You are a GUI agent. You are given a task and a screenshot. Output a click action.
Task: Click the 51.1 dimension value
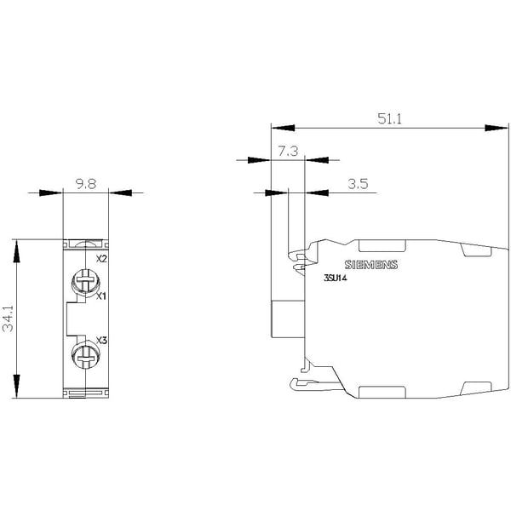pos(389,118)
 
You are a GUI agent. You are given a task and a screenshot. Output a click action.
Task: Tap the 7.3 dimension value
pos(288,152)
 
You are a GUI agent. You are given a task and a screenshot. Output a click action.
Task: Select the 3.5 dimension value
pos(358,184)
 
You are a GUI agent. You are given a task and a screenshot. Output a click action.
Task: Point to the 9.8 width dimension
pos(86,184)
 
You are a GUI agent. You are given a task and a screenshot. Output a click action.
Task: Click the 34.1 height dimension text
pos(9,319)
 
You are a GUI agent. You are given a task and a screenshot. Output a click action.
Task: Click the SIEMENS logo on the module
pos(371,265)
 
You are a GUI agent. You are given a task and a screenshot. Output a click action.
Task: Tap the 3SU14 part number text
pos(336,278)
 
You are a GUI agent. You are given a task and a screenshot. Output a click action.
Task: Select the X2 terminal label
pos(101,259)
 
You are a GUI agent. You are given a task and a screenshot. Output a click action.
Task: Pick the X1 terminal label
pos(101,296)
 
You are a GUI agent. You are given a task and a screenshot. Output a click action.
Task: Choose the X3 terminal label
pos(101,341)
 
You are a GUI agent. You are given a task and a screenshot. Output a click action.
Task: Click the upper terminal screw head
pos(85,281)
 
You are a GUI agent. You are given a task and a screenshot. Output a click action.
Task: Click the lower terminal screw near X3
pos(85,355)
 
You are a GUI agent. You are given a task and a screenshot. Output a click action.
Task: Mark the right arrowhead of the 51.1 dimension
pos(497,128)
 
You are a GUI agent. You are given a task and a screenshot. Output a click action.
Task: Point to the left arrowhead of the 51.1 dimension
pos(283,128)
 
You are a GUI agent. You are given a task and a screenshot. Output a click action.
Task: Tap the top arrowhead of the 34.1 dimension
pos(16,251)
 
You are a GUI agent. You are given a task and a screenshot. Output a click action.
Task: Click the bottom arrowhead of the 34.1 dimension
pos(16,387)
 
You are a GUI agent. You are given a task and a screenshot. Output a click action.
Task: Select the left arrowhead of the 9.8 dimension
pos(50,193)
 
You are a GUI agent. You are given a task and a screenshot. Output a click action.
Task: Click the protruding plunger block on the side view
pos(288,319)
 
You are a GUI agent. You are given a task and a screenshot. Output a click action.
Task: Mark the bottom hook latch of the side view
pos(316,385)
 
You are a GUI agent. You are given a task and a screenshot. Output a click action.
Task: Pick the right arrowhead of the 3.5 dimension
pos(316,193)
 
